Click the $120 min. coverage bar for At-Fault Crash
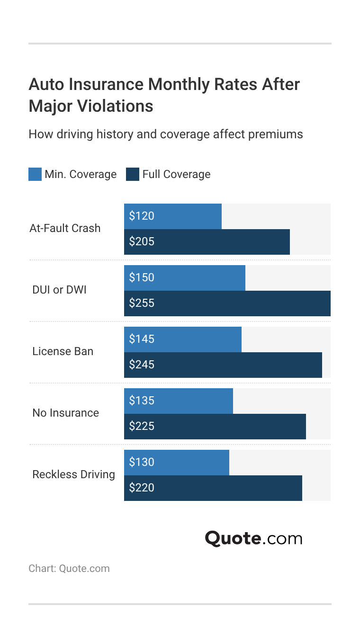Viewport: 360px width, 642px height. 173,216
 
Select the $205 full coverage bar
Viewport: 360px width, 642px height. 207,242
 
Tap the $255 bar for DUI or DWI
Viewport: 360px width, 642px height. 227,303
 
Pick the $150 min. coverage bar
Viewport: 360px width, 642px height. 185,278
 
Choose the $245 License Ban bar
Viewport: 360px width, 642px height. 223,365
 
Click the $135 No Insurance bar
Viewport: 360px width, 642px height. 179,401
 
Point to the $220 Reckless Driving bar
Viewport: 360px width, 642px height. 213,488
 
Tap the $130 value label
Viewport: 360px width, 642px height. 142,462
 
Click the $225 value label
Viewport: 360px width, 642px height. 142,426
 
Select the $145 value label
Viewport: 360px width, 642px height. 142,339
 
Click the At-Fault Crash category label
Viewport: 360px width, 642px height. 65,228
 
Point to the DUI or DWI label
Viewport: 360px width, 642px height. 60,290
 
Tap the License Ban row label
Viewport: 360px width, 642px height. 63,351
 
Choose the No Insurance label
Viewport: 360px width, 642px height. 66,413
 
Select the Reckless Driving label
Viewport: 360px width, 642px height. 74,474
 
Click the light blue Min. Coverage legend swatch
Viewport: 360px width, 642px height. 35,174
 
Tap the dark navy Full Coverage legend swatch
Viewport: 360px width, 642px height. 133,174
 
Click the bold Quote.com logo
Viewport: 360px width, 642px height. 253,538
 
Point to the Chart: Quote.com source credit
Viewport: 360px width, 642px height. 69,569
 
